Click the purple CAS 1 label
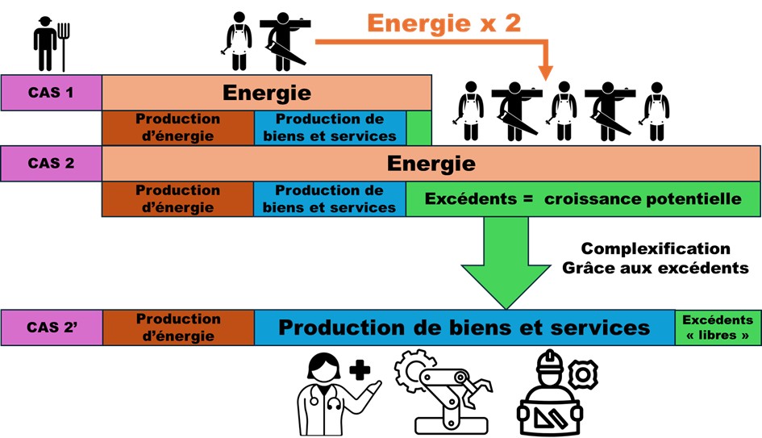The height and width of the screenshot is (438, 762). tap(51, 92)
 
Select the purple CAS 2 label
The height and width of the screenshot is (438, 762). tap(51, 163)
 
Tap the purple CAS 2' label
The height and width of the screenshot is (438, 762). tap(51, 327)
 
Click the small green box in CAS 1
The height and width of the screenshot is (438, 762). tap(418, 128)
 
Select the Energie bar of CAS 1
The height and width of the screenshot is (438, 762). tap(266, 92)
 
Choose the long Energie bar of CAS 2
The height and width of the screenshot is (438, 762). tap(431, 164)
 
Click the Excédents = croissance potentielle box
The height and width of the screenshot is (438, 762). tap(582, 198)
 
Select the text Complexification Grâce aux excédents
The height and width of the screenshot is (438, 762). tap(655, 258)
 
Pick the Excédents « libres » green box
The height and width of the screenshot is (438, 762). tap(717, 327)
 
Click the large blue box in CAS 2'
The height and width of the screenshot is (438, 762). tap(464, 327)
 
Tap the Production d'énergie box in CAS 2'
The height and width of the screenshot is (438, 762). tap(177, 327)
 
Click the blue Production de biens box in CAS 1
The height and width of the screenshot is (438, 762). tap(329, 128)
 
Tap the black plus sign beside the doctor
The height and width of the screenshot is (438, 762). tap(360, 370)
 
